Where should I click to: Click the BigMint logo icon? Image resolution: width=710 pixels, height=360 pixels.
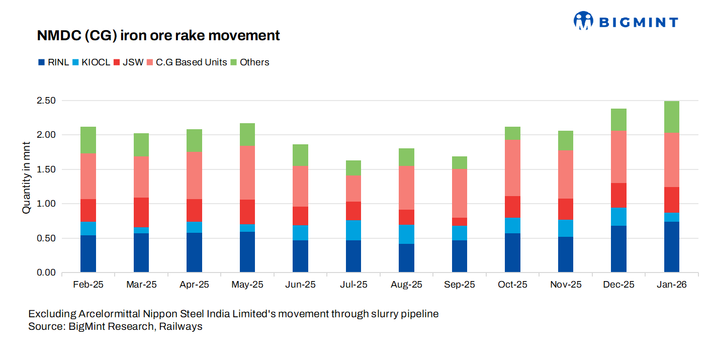coord(583,21)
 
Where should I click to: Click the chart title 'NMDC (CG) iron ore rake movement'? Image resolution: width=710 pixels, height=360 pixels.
coord(158,36)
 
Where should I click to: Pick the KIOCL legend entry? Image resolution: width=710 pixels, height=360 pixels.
coord(91,62)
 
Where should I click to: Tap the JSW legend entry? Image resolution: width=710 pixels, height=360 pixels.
coord(129,62)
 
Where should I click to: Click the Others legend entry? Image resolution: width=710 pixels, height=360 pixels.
coord(250,62)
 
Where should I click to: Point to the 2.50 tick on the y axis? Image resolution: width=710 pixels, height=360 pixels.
coord(46,101)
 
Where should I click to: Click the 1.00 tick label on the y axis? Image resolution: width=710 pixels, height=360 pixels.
coord(46,204)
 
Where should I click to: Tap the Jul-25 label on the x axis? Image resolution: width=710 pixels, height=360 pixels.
coord(353,285)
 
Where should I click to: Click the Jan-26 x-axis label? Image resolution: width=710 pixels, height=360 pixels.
coord(671,285)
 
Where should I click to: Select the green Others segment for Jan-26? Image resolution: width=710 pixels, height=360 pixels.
coord(671,117)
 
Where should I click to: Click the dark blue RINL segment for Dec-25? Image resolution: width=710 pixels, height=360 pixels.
coord(618,249)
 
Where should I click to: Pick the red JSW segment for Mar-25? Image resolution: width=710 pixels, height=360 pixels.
coord(141,212)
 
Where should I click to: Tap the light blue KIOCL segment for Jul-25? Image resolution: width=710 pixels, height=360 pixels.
coord(353,230)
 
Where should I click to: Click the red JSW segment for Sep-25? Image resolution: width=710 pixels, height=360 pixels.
coord(460,222)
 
